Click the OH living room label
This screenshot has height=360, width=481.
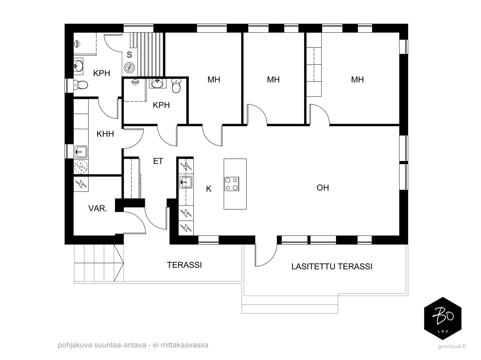tap(323, 188)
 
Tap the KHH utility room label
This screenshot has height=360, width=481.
tap(105, 134)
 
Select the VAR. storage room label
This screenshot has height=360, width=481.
tap(98, 208)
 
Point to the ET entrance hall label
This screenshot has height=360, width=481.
tap(158, 161)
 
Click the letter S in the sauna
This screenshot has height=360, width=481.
tap(129, 55)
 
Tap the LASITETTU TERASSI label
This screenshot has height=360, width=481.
tap(332, 266)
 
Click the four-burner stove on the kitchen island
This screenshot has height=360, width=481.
tap(232, 184)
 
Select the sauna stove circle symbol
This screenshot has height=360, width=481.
tap(129, 68)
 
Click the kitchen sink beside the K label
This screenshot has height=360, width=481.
tap(186, 182)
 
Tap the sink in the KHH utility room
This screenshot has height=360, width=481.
tap(81, 152)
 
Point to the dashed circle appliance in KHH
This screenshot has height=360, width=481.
tap(81, 167)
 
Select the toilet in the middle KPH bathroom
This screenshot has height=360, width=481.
tap(176, 86)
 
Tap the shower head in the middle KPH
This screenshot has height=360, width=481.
tap(135, 82)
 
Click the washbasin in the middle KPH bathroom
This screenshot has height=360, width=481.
tap(157, 84)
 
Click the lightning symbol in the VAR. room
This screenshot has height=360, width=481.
tap(81, 184)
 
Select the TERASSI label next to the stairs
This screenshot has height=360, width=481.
tap(184, 265)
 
